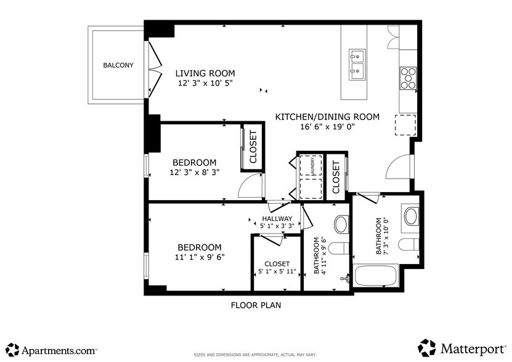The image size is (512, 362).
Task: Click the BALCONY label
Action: pos(118,65)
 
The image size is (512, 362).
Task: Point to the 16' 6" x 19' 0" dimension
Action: pos(327,127)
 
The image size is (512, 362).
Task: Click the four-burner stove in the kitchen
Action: pos(408,78)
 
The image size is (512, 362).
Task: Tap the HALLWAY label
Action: pos(277,219)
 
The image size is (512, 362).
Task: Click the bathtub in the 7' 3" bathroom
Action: pos(375,276)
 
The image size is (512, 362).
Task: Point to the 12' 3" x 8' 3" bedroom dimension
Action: pos(195,172)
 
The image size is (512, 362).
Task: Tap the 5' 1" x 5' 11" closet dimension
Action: pos(277,271)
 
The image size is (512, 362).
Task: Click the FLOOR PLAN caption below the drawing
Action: pos(256,305)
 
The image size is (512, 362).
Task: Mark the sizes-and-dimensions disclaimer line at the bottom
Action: pos(255,355)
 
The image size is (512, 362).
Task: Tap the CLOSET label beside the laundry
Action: pos(336,177)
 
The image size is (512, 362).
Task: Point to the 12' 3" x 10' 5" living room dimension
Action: pos(206,82)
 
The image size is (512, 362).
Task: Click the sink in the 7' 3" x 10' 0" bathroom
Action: pos(411,215)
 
